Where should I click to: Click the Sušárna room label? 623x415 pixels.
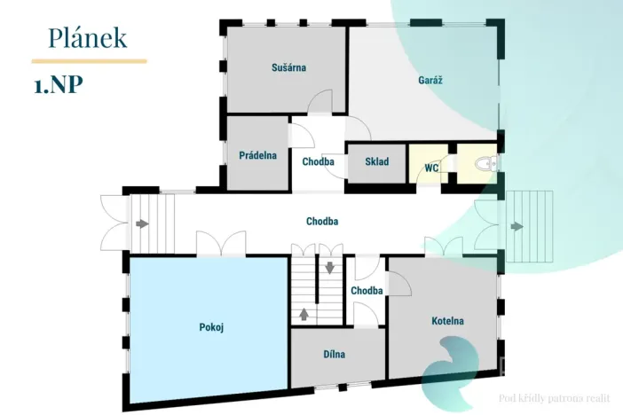pyautogui.click(x=288, y=67)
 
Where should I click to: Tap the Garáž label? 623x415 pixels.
pyautogui.click(x=430, y=80)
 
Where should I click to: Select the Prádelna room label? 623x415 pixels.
pyautogui.click(x=258, y=155)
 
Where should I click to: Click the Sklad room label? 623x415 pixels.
pyautogui.click(x=377, y=161)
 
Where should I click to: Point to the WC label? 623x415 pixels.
pyautogui.click(x=431, y=168)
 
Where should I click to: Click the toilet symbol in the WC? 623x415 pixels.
pyautogui.click(x=486, y=163)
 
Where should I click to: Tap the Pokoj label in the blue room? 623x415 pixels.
pyautogui.click(x=211, y=327)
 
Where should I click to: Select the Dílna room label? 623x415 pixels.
pyautogui.click(x=335, y=354)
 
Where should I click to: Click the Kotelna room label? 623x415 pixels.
pyautogui.click(x=448, y=321)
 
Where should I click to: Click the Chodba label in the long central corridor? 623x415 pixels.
pyautogui.click(x=322, y=221)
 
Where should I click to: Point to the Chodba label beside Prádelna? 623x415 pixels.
pyautogui.click(x=319, y=161)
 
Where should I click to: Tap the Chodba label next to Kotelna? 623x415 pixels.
pyautogui.click(x=367, y=290)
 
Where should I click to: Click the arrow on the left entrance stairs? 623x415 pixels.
pyautogui.click(x=142, y=224)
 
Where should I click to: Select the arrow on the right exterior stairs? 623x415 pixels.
pyautogui.click(x=517, y=226)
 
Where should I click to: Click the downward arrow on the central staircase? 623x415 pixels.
pyautogui.click(x=330, y=268)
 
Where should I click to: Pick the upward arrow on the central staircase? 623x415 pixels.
pyautogui.click(x=304, y=314)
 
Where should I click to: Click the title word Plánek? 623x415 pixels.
pyautogui.click(x=87, y=38)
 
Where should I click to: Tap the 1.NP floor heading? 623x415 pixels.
pyautogui.click(x=59, y=84)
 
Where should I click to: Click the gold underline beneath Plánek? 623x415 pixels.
pyautogui.click(x=89, y=61)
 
